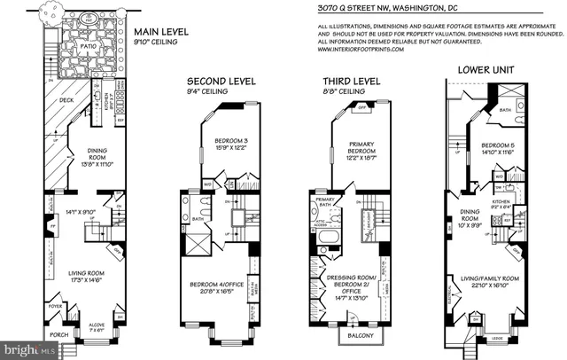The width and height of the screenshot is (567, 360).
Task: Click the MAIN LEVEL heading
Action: point(163,33)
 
